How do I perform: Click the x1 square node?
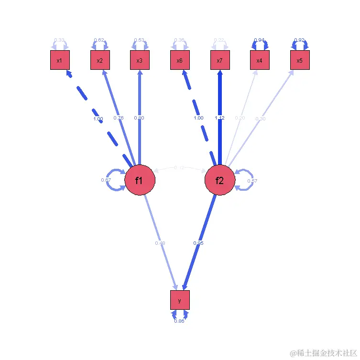[x=60, y=60]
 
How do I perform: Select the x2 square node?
[x=100, y=60]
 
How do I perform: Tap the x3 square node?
[x=140, y=60]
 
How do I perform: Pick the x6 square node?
[x=180, y=60]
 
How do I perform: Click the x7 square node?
[x=220, y=60]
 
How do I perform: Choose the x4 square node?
[x=260, y=60]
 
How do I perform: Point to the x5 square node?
[x=300, y=60]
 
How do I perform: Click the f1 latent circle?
[x=140, y=181]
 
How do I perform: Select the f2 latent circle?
[x=220, y=181]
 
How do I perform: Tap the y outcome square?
[x=180, y=300]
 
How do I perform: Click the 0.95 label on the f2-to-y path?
[x=198, y=243]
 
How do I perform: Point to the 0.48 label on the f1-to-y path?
[x=160, y=243]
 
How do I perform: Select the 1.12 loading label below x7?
[x=220, y=118]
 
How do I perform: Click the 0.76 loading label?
[x=119, y=118]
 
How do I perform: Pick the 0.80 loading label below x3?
[x=140, y=118]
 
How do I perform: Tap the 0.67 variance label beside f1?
[x=106, y=180]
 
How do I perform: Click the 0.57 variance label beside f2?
[x=252, y=181]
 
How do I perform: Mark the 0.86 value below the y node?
[x=179, y=321]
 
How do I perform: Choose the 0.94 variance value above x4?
[x=260, y=40]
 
